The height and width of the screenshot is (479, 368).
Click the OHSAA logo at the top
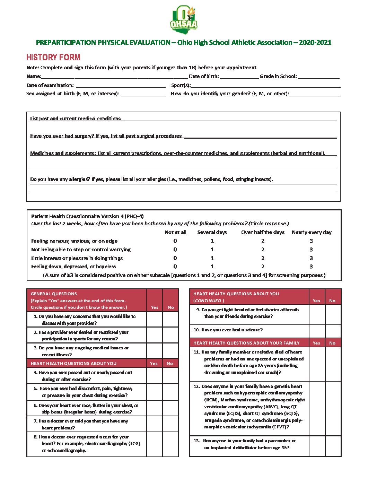(x=184, y=19)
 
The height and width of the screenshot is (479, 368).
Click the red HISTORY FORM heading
(x=53, y=58)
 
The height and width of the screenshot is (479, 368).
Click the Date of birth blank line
(x=239, y=77)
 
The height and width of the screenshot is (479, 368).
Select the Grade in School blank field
(x=318, y=77)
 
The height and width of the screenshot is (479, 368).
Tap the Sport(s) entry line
(x=265, y=85)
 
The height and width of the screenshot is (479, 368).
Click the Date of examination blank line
(x=121, y=85)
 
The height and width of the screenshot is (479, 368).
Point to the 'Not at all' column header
(x=175, y=233)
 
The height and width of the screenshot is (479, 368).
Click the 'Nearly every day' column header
(x=312, y=233)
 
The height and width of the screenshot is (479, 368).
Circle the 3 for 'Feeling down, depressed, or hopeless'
(x=311, y=267)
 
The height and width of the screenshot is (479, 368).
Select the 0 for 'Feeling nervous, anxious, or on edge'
(x=175, y=241)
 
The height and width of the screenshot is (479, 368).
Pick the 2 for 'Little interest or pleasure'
(x=263, y=258)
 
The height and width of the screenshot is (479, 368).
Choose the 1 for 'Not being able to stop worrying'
(x=212, y=250)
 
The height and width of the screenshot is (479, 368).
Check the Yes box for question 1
(x=154, y=320)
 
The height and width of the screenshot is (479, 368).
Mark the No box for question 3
(x=170, y=351)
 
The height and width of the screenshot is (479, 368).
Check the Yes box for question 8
(x=154, y=444)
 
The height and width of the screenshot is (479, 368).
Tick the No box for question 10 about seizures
(x=333, y=331)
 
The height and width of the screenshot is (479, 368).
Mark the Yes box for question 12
(x=317, y=408)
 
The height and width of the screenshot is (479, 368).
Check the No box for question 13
(x=333, y=446)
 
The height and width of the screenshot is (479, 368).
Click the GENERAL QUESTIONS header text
(x=54, y=294)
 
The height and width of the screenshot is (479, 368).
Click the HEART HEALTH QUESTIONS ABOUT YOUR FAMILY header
(x=246, y=343)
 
